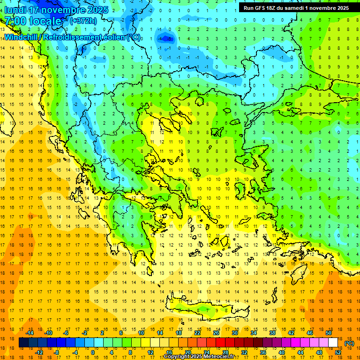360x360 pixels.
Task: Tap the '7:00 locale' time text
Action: (x=33, y=21)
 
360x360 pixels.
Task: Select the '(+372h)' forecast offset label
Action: (x=83, y=21)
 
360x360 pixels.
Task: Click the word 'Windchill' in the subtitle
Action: (x=21, y=37)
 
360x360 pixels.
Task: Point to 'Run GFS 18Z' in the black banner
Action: (x=261, y=8)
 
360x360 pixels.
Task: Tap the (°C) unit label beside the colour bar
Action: (x=349, y=343)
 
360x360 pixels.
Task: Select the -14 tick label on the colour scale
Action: (x=32, y=333)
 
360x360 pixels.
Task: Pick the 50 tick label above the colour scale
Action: (x=329, y=333)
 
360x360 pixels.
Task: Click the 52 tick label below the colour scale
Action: (x=338, y=352)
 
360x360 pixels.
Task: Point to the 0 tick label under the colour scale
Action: (x=93, y=352)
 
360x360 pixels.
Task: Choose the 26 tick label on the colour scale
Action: (x=216, y=333)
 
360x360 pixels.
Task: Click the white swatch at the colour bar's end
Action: (x=333, y=343)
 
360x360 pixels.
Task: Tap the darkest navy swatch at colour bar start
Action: (x=23, y=343)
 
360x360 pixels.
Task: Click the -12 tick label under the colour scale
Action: (x=39, y=352)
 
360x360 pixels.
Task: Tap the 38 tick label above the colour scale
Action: (x=272, y=333)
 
